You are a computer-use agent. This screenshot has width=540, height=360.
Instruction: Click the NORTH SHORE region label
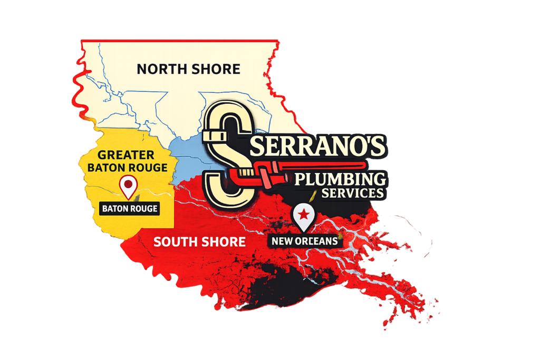pyautogui.click(x=188, y=69)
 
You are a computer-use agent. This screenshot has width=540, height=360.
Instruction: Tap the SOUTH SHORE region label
pyautogui.click(x=199, y=242)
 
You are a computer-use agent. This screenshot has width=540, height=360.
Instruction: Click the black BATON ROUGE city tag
pyautogui.click(x=130, y=209)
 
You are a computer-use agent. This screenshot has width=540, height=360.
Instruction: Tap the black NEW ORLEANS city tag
pyautogui.click(x=305, y=241)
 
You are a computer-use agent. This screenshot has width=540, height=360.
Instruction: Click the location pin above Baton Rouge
pyautogui.click(x=129, y=186)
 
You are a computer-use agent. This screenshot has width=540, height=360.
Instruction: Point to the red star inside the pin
pyautogui.click(x=304, y=214)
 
